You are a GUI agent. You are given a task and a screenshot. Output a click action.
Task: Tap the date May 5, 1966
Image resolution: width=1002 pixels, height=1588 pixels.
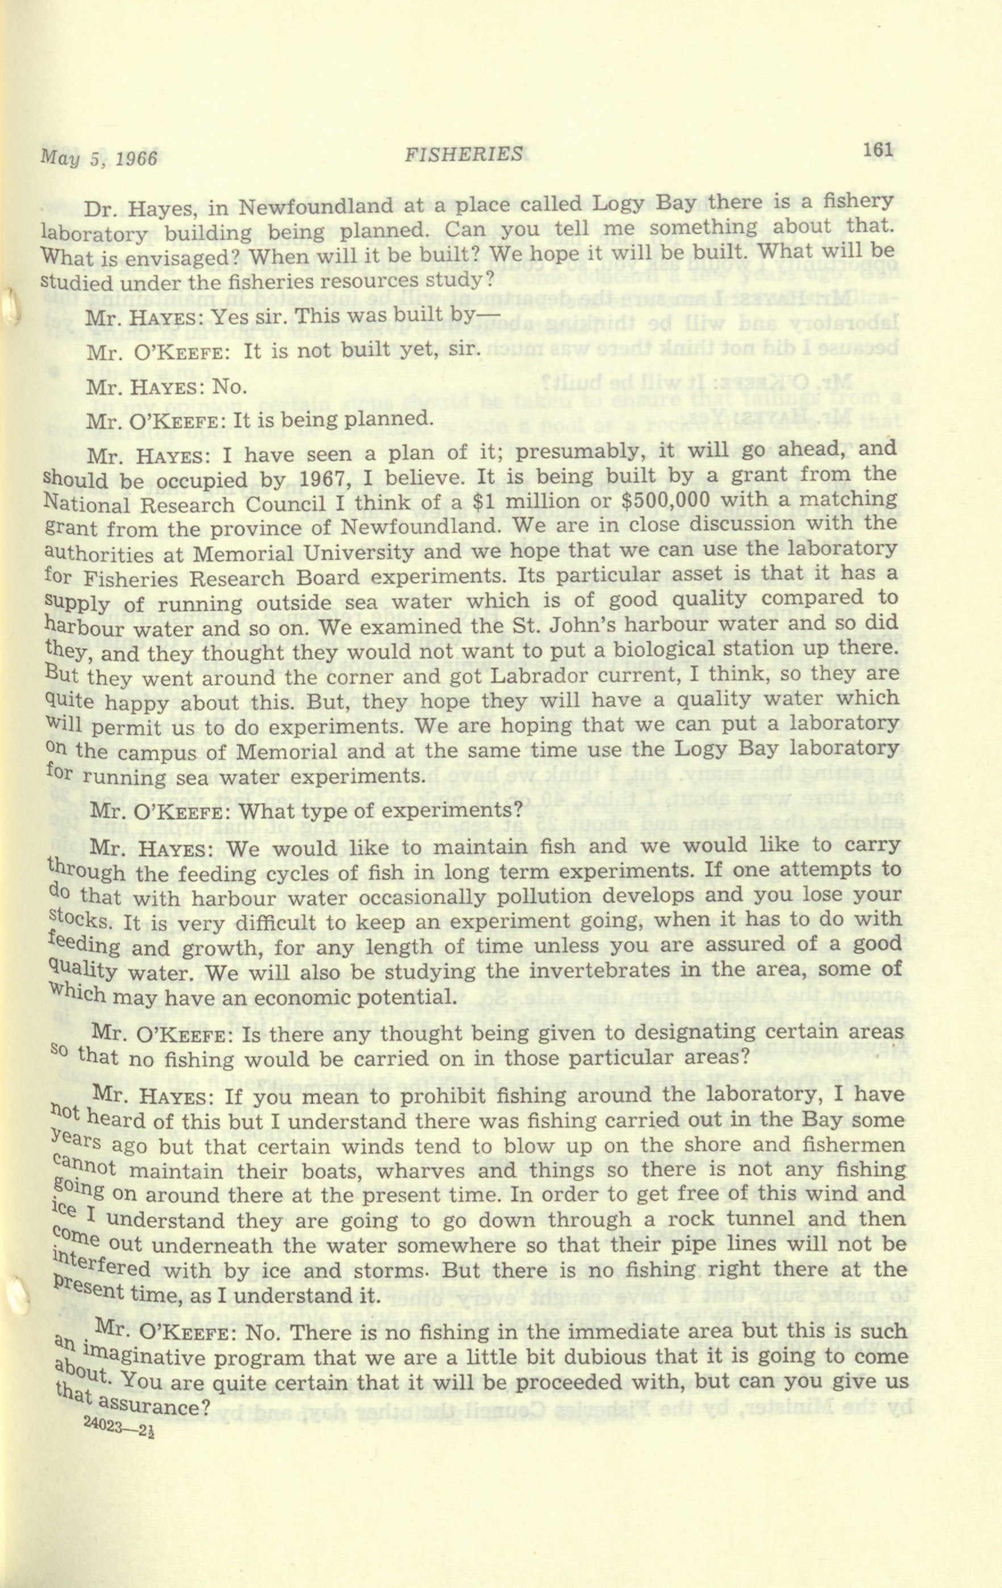click(x=99, y=158)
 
